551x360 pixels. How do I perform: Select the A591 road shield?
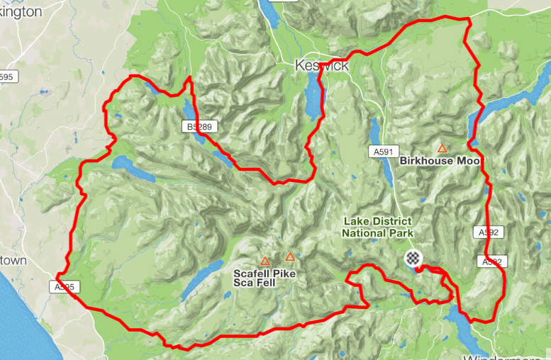tap(379, 151)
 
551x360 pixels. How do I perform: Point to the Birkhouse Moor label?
tap(440, 161)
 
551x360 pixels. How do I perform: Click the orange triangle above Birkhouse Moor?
tap(442, 148)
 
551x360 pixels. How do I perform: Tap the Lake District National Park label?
tap(377, 227)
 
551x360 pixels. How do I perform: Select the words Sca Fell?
tap(255, 282)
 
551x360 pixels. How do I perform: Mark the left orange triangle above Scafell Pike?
tap(265, 261)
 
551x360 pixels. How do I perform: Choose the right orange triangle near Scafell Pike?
tap(289, 257)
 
